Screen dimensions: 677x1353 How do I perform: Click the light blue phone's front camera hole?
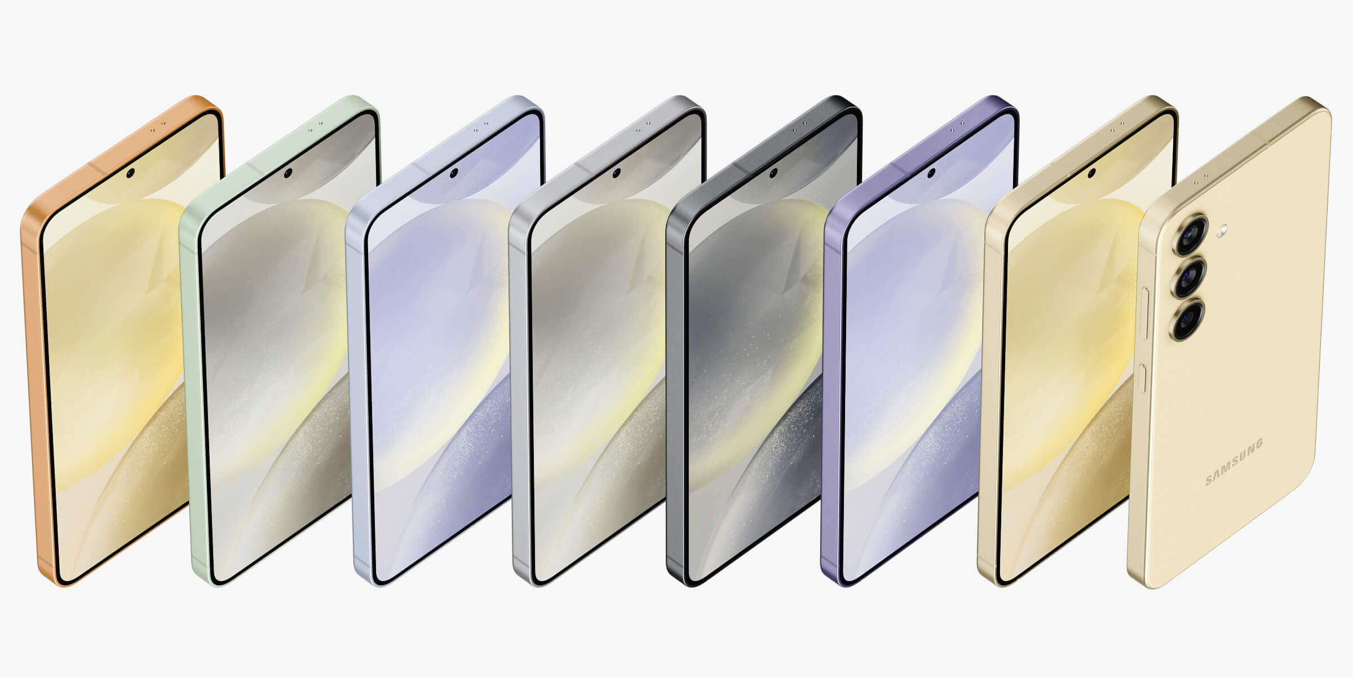[x=453, y=172]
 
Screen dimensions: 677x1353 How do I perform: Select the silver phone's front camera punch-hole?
[x=616, y=172]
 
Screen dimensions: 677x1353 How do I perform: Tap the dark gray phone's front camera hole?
[x=773, y=172]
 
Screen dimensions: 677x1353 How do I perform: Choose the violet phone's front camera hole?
[x=931, y=172]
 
